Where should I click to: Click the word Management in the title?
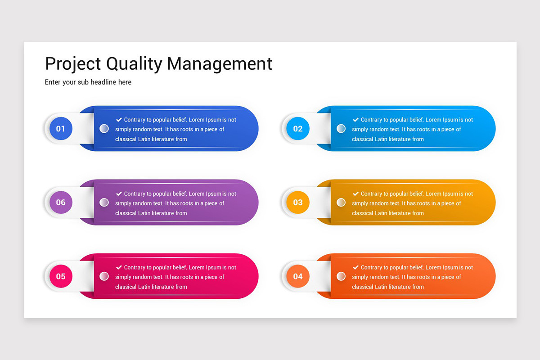pyautogui.click(x=220, y=64)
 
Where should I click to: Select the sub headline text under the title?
pyautogui.click(x=88, y=82)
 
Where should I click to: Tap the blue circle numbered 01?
pyautogui.click(x=61, y=129)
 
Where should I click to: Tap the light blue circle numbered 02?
pyautogui.click(x=298, y=129)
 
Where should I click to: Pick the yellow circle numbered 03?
pyautogui.click(x=298, y=202)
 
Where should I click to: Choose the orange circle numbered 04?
pyautogui.click(x=298, y=276)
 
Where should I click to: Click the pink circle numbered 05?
pyautogui.click(x=61, y=276)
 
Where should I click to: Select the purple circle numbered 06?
pyautogui.click(x=61, y=202)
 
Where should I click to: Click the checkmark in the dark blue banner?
pyautogui.click(x=119, y=120)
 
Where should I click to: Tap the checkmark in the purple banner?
pyautogui.click(x=119, y=193)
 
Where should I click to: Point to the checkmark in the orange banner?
pyautogui.click(x=355, y=267)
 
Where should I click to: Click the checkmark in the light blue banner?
pyautogui.click(x=355, y=120)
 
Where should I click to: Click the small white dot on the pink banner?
pyautogui.click(x=104, y=276)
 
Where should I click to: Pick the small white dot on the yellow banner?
pyautogui.click(x=341, y=202)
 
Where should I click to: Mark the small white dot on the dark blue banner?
pyautogui.click(x=104, y=129)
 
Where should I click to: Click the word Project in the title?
pyautogui.click(x=73, y=64)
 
